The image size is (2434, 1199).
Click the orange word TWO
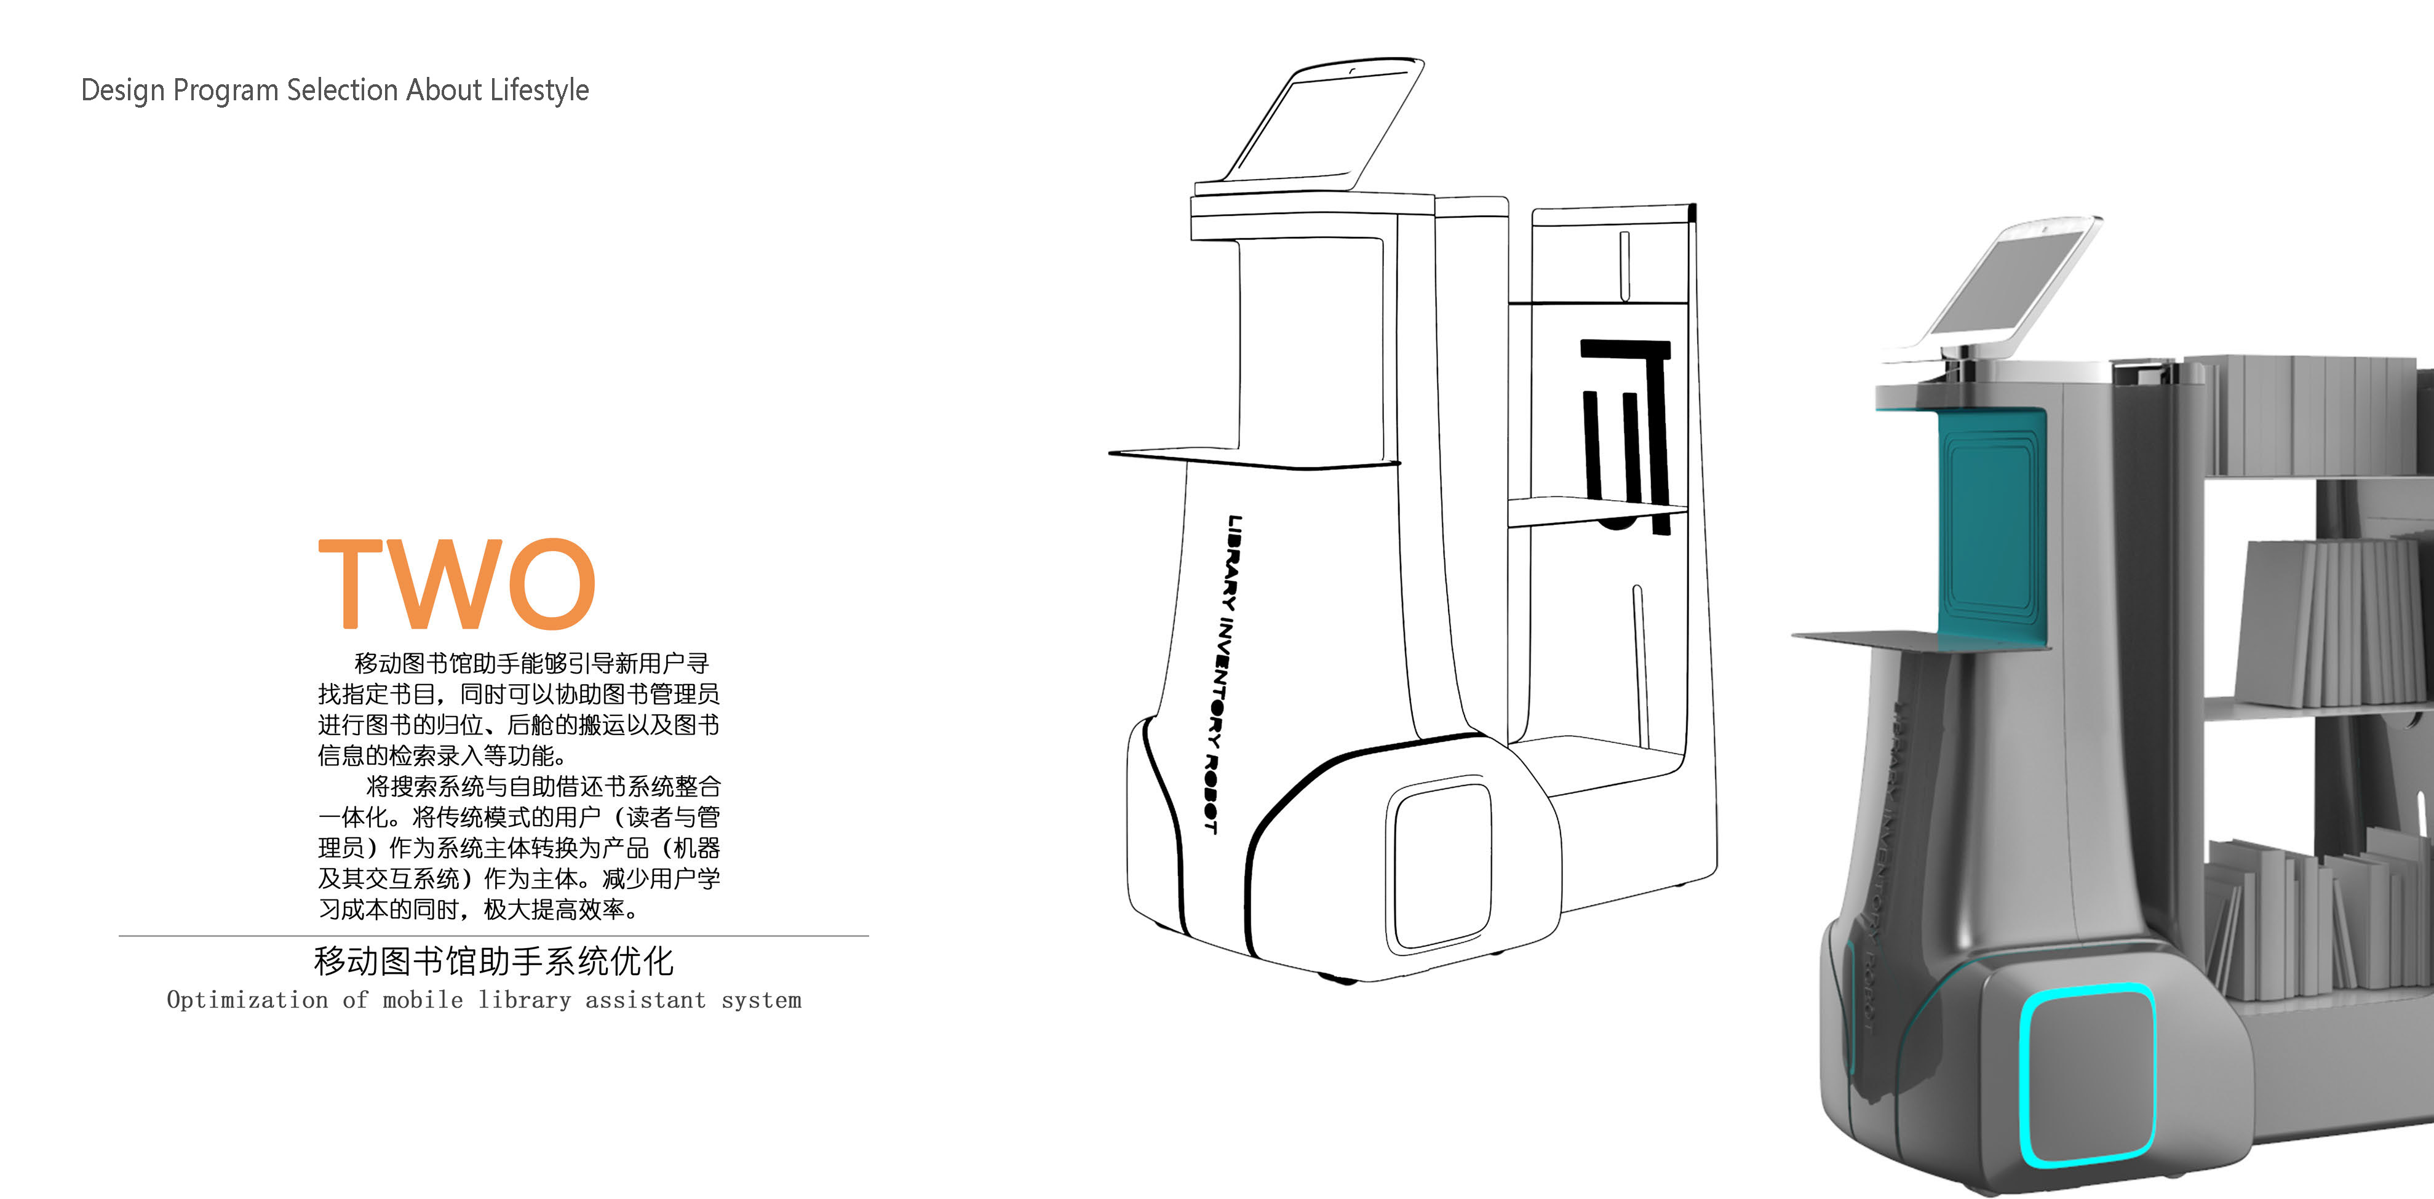click(457, 583)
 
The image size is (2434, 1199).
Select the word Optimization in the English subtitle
click(247, 1000)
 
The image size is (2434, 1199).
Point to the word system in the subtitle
click(761, 1000)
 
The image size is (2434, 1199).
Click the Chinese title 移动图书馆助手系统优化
click(493, 961)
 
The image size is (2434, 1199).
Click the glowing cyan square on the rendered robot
click(2088, 1074)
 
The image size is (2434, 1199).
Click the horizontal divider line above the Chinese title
click(493, 936)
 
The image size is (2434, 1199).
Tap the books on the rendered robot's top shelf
click(2315, 416)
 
